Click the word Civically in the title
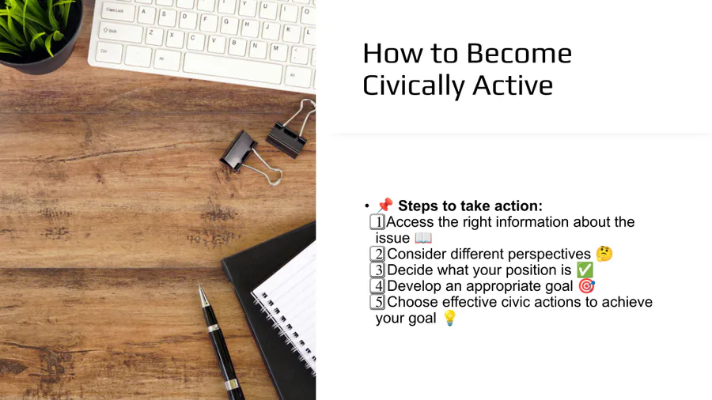click(412, 85)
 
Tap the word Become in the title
click(519, 53)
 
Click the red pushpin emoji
click(384, 205)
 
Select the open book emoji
click(423, 238)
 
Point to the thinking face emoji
click(604, 254)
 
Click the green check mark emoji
click(585, 270)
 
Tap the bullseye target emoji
click(587, 285)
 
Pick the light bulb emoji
click(449, 318)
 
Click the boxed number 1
click(377, 222)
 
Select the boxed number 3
click(377, 270)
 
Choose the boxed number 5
click(377, 302)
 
